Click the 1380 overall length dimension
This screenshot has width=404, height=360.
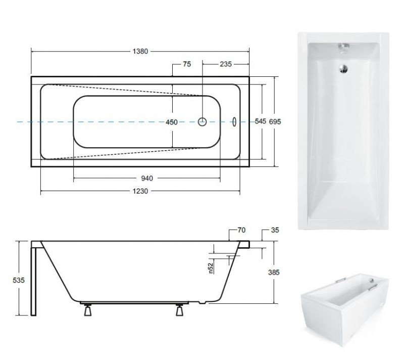click(140, 52)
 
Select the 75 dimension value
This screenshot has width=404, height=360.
click(186, 64)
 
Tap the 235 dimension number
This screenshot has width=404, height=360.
click(225, 64)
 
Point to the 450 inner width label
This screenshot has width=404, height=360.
click(172, 121)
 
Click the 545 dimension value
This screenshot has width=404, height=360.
click(261, 121)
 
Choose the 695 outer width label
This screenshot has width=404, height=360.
click(275, 121)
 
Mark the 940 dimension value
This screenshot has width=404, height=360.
click(146, 178)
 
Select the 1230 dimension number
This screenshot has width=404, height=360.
click(140, 191)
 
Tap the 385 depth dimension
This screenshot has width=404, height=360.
click(274, 272)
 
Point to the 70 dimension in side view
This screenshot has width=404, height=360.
click(241, 230)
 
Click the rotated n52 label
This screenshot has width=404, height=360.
click(211, 268)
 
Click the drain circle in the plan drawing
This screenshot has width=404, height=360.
click(203, 121)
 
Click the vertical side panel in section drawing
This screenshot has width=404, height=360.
click(34, 278)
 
